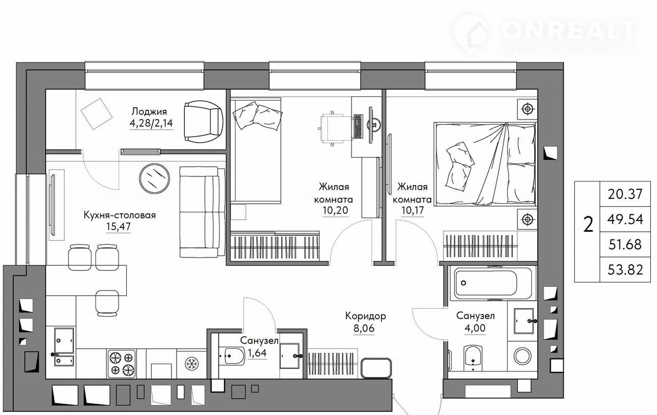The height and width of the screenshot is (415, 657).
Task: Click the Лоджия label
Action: click(149, 112)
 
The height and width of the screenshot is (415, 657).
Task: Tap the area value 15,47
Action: click(119, 227)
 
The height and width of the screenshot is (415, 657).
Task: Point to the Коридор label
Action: click(365, 316)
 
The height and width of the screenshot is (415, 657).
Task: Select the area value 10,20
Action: click(335, 210)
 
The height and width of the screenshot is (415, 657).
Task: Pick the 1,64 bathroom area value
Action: click(257, 353)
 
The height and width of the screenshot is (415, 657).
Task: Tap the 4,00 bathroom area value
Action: click(475, 328)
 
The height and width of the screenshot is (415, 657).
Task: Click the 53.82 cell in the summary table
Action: click(625, 270)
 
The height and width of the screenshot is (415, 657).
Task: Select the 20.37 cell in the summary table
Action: click(625, 194)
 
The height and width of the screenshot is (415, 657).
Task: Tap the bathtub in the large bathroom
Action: click(493, 283)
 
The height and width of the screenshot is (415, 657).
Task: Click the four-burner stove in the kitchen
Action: click(122, 363)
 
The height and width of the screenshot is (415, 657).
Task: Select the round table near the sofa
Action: click(154, 179)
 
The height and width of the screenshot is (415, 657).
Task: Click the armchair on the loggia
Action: click(204, 122)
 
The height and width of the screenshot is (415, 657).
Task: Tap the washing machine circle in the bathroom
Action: click(523, 356)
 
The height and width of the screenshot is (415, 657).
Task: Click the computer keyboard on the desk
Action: click(358, 126)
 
